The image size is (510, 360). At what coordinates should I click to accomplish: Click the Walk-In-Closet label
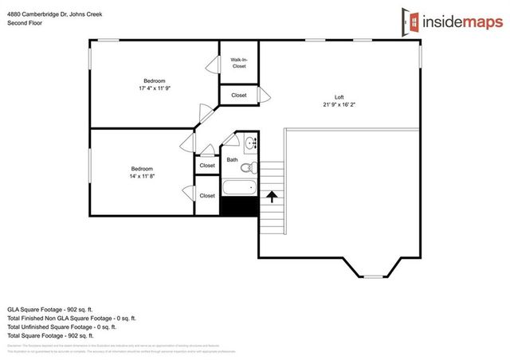pos(238,63)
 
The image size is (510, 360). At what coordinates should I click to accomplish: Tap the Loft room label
pos(339,96)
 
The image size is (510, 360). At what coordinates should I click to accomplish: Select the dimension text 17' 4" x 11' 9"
pos(154,88)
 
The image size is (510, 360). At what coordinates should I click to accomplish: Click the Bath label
pos(232,159)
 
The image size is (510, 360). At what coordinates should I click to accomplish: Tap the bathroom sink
pos(250,144)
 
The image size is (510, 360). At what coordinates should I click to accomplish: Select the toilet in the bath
pos(247,167)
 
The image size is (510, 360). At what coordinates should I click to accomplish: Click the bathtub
pos(239,189)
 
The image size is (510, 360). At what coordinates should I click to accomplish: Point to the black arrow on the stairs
pos(272,194)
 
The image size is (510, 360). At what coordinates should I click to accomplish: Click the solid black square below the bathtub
pos(239,205)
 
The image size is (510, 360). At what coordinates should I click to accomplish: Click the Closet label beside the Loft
pos(238,95)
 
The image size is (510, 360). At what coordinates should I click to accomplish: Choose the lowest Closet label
pos(207,195)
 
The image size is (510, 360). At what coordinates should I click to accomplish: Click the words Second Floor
pos(25,23)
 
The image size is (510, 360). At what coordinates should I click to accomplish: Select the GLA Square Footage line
pos(50,307)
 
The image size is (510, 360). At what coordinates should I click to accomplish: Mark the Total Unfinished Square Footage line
pos(61,327)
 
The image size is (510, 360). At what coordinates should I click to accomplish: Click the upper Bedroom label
pos(154,80)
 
